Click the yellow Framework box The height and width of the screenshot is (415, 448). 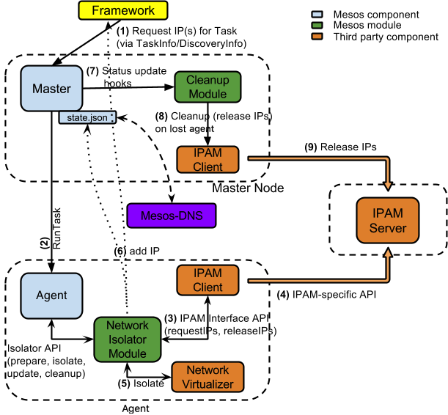point(123,11)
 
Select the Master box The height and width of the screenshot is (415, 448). point(51,89)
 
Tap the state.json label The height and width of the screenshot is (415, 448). point(87,117)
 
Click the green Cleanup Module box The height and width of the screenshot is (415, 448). point(208,87)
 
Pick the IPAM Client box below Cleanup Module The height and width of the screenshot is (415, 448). point(208,160)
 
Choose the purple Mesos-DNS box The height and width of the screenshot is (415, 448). point(172,216)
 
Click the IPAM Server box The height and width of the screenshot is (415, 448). point(387,221)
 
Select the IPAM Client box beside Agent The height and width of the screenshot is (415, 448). point(208,280)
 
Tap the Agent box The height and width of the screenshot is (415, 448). point(51,295)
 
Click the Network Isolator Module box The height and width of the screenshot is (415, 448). point(128,339)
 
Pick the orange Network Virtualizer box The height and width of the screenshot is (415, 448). point(208,377)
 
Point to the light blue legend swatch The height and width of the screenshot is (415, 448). point(317,14)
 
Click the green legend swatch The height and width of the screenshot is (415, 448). point(317,25)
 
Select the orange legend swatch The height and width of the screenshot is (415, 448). point(317,35)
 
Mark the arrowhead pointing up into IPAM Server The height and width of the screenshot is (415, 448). point(388,254)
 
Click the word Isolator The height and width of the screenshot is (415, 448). point(128,339)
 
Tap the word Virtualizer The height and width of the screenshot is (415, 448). point(208,383)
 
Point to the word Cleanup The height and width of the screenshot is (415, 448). point(208,81)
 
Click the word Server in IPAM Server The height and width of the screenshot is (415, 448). point(387,228)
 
